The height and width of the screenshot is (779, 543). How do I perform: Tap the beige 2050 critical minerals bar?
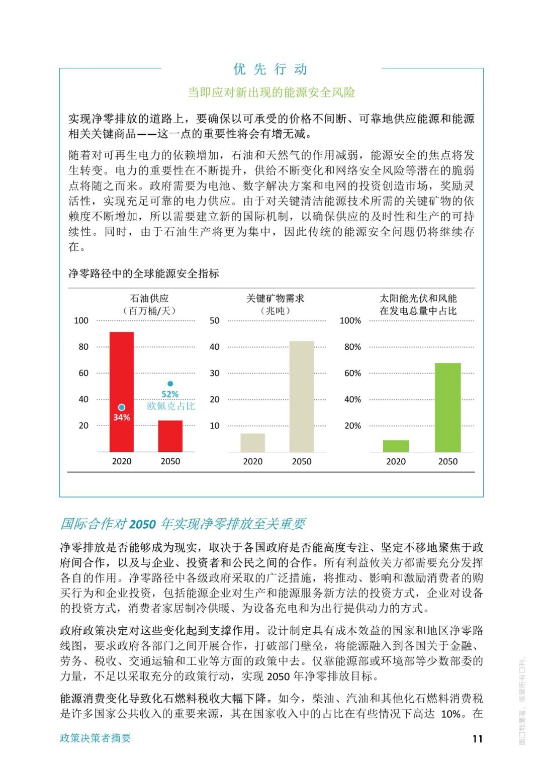302,397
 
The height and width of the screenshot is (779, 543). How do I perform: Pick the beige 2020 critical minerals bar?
252,443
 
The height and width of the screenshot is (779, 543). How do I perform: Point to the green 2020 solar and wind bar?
396,446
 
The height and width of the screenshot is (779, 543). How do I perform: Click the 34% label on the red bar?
122,418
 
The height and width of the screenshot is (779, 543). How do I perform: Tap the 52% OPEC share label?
170,395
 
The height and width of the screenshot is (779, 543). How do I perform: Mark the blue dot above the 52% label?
170,384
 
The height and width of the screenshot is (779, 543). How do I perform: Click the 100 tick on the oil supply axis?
81,321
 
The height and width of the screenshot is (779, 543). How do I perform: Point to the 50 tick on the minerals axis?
215,321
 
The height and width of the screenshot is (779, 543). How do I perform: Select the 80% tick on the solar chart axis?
352,347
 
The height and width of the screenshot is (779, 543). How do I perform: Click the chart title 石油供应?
150,299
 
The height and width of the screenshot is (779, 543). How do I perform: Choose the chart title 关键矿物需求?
275,299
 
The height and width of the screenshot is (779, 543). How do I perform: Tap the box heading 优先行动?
270,69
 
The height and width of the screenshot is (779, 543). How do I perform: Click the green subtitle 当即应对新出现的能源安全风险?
271,92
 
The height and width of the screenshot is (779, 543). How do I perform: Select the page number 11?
477,738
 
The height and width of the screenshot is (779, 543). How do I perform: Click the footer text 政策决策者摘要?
96,738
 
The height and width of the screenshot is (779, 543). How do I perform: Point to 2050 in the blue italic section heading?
142,524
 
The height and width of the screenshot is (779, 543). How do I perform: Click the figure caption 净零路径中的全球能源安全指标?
144,273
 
